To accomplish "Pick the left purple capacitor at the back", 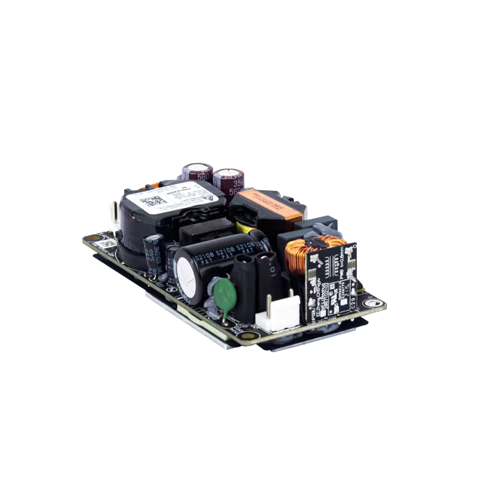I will pyautogui.click(x=193, y=173).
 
